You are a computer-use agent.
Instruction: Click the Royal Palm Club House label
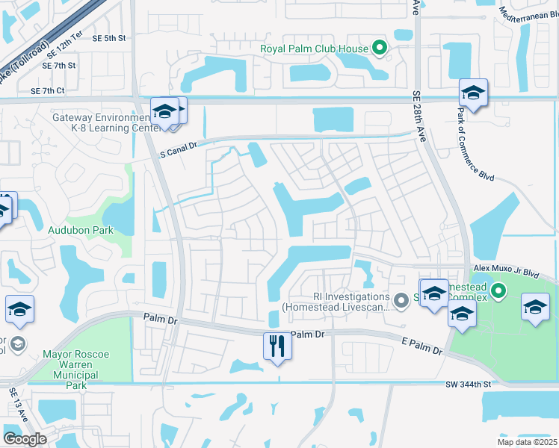tap(314, 49)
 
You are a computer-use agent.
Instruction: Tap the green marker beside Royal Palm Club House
tap(380, 49)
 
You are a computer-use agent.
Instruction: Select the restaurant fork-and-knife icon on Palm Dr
tap(276, 346)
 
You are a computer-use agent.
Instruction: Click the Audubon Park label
tap(81, 230)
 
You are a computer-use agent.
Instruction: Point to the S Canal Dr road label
tap(178, 150)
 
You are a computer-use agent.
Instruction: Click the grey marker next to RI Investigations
tap(401, 300)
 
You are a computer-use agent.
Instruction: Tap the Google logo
tap(25, 439)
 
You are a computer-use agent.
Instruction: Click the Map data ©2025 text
tap(527, 442)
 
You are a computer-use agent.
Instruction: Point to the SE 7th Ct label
tap(48, 91)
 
